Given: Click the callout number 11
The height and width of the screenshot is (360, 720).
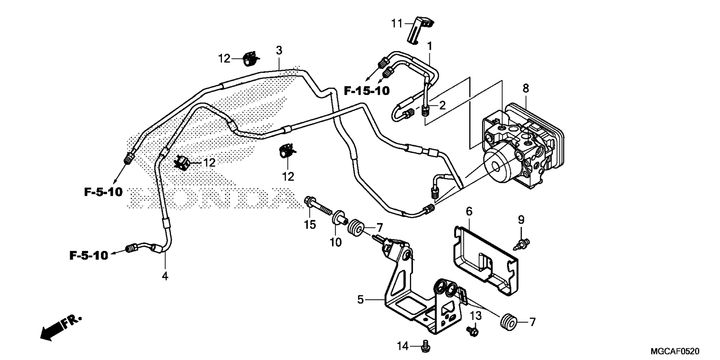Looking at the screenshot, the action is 397,24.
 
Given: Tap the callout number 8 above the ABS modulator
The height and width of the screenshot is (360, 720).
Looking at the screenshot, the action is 526,88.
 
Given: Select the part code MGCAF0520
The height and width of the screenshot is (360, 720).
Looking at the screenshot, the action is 675,351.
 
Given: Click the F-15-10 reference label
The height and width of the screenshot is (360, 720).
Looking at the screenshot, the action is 367,90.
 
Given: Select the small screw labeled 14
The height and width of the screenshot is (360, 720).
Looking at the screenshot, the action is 425,346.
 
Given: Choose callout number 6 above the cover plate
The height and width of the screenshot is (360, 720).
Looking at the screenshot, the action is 469,211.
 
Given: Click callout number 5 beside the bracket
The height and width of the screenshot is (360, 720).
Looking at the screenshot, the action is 360,300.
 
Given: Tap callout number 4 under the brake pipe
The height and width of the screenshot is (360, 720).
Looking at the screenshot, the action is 165,276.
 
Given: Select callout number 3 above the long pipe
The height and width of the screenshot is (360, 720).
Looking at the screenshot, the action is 279,50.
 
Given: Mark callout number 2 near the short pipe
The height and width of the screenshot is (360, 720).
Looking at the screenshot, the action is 442,105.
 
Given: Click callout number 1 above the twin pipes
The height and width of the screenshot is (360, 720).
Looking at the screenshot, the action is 430,46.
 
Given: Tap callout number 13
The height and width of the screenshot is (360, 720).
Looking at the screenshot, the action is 475,316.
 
